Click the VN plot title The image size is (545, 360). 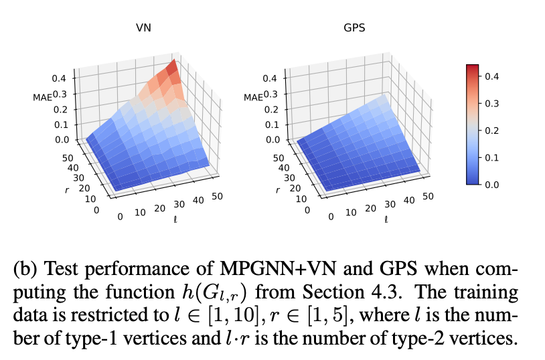(143, 29)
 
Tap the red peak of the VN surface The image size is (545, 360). (172, 66)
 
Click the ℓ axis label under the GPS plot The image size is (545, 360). (386, 219)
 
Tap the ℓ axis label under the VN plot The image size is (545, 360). (175, 219)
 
